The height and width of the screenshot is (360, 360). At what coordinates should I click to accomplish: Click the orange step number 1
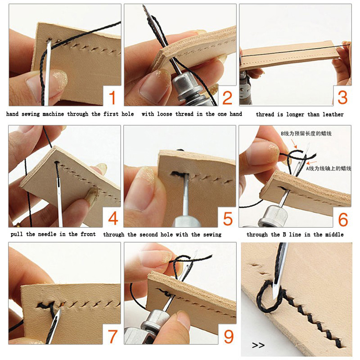pos(112,98)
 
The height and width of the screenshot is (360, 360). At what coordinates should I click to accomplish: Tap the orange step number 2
pos(227,98)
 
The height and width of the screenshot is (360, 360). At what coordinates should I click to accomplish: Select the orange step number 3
pos(342,97)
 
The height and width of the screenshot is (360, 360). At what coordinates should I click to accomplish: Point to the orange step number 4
pos(113,218)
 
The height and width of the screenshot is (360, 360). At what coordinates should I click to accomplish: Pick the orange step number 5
pos(228,219)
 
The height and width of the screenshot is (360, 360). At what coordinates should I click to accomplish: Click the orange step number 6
pos(343,219)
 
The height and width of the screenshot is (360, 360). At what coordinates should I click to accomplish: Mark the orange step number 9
pos(229,337)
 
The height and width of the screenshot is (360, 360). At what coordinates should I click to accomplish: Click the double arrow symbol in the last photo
pos(258,345)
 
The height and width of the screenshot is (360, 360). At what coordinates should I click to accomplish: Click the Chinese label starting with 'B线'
pos(306,133)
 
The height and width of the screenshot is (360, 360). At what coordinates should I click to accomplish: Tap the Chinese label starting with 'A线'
pos(328,168)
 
